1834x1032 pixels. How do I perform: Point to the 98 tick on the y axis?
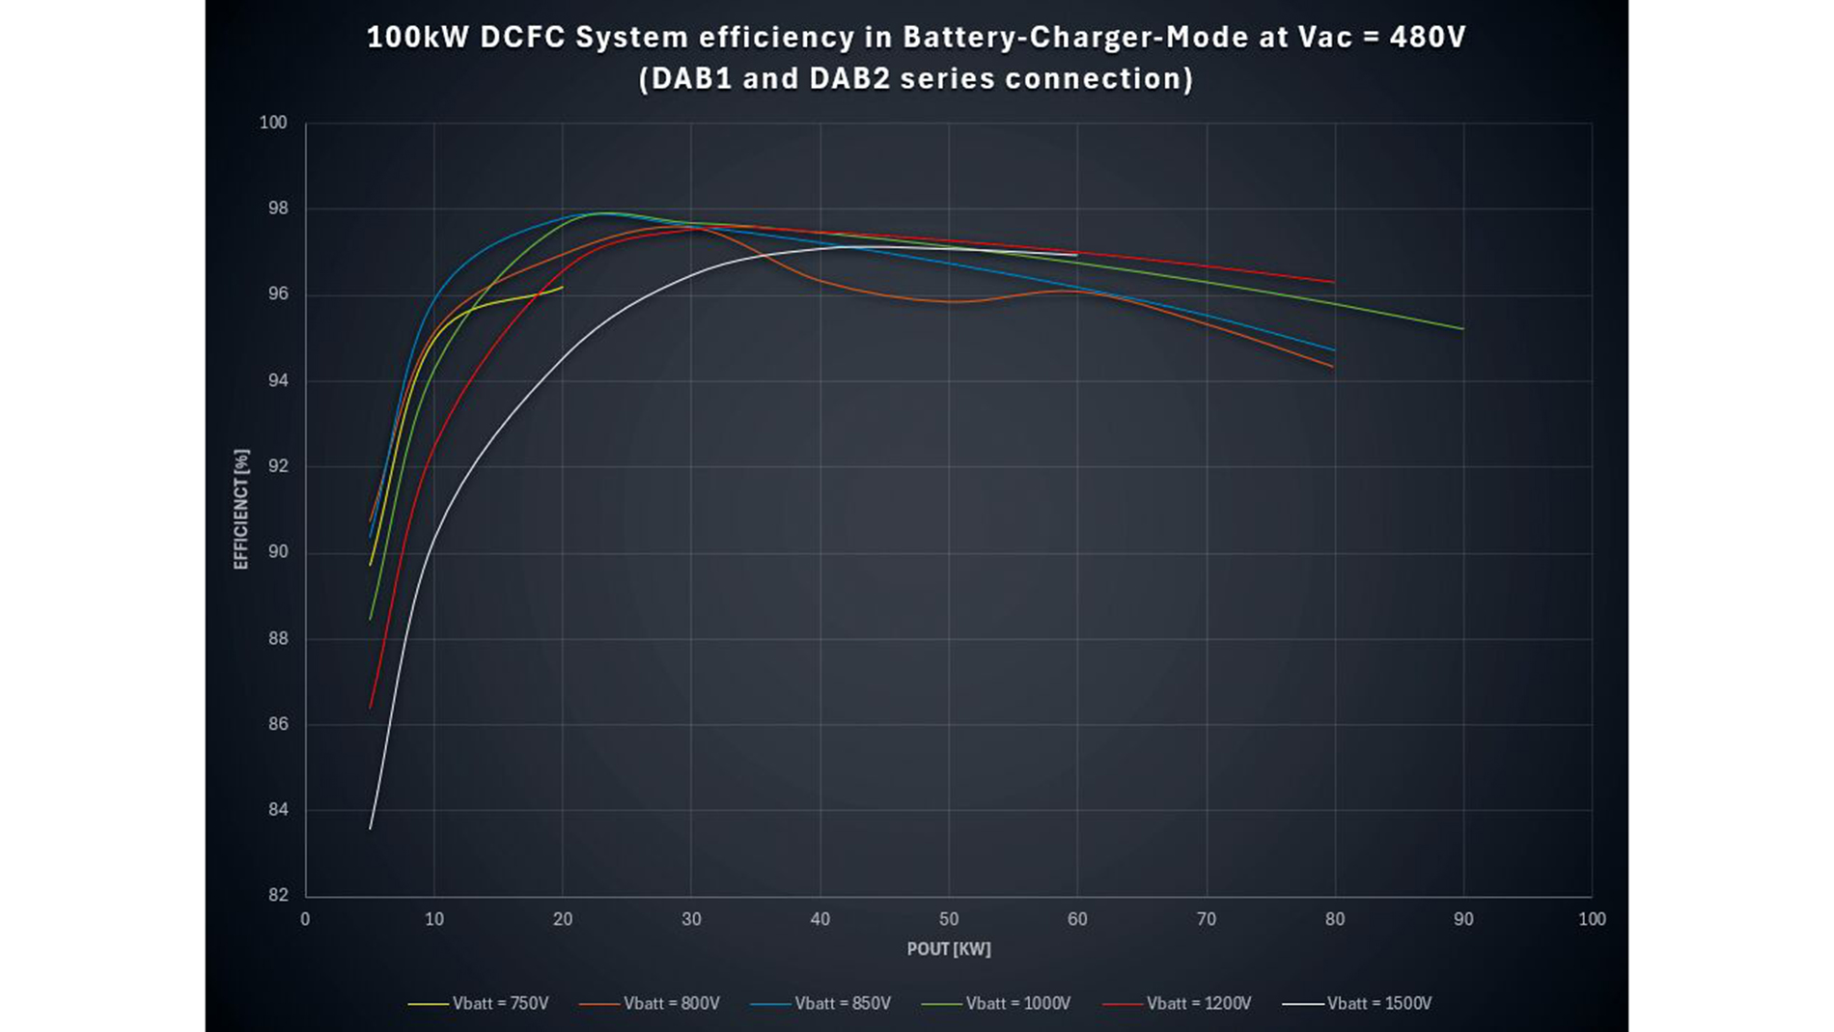[x=278, y=209]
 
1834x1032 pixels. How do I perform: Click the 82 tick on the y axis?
[x=278, y=896]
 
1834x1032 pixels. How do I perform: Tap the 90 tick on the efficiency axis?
[x=278, y=552]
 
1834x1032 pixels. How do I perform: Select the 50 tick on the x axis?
[x=949, y=920]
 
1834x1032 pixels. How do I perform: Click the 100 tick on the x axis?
[x=1591, y=920]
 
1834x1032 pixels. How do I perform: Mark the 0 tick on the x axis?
[x=306, y=920]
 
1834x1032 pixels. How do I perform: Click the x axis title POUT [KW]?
[x=948, y=950]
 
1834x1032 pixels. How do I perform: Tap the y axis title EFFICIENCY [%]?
[x=241, y=509]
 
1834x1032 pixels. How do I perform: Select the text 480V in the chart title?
[x=1427, y=38]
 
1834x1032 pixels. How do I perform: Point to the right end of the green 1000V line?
[x=1463, y=329]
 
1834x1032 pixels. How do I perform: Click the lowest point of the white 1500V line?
[x=371, y=828]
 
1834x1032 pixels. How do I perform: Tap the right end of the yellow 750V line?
[x=563, y=287]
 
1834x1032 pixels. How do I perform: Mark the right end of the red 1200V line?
[x=1334, y=282]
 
